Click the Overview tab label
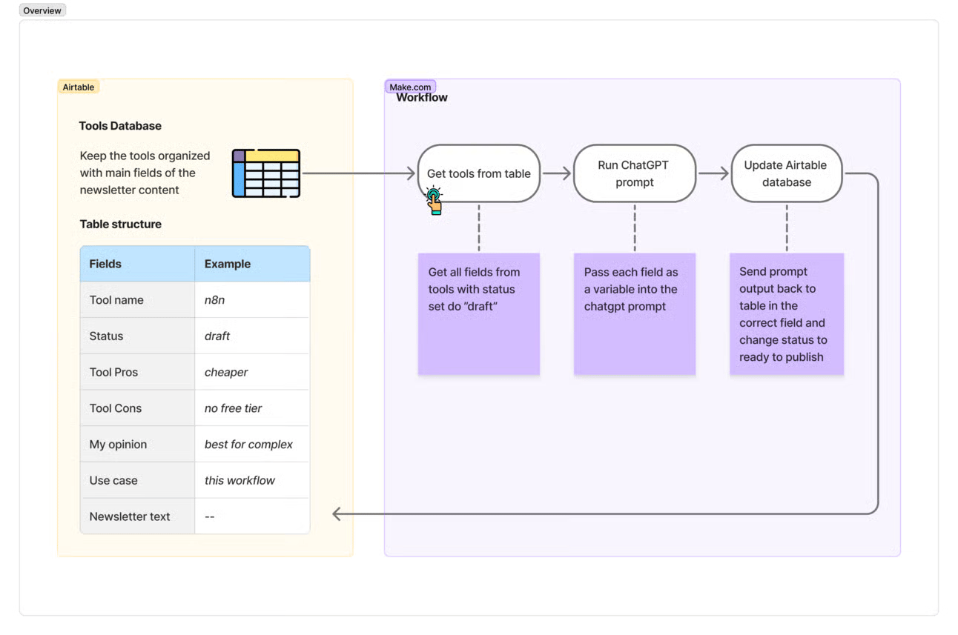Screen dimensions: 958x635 pyautogui.click(x=42, y=10)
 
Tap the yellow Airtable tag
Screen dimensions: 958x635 pyautogui.click(x=79, y=87)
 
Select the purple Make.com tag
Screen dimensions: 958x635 pyautogui.click(x=410, y=87)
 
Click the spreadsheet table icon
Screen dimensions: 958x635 pyautogui.click(x=266, y=173)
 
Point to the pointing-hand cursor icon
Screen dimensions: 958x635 pyautogui.click(x=434, y=200)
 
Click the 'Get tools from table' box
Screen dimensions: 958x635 pyautogui.click(x=478, y=173)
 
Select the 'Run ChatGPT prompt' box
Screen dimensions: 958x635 pyautogui.click(x=634, y=173)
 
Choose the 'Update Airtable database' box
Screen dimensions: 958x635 pyautogui.click(x=787, y=173)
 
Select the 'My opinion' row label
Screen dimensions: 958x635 pyautogui.click(x=118, y=445)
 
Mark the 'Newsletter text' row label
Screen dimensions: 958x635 pyautogui.click(x=130, y=516)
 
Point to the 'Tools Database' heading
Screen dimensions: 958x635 pyautogui.click(x=120, y=126)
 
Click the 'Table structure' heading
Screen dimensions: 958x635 pyautogui.click(x=121, y=224)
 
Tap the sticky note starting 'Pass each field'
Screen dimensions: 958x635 pyautogui.click(x=635, y=314)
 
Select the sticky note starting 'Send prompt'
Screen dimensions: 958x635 pyautogui.click(x=787, y=314)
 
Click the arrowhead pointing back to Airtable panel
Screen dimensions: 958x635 pyautogui.click(x=337, y=513)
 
